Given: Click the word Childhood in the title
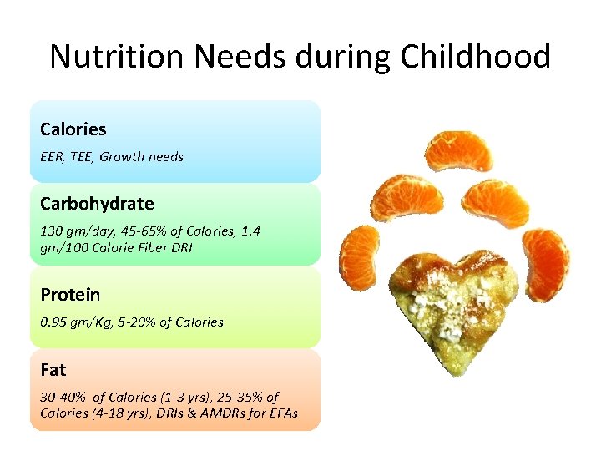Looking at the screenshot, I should pos(475,57).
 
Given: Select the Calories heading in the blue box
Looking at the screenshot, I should pos(73,129).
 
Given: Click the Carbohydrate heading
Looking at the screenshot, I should pos(97,204).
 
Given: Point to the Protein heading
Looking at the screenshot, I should pos(70,295).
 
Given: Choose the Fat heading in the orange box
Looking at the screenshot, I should pos(53,369).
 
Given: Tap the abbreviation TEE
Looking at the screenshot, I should pos(81,156).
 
